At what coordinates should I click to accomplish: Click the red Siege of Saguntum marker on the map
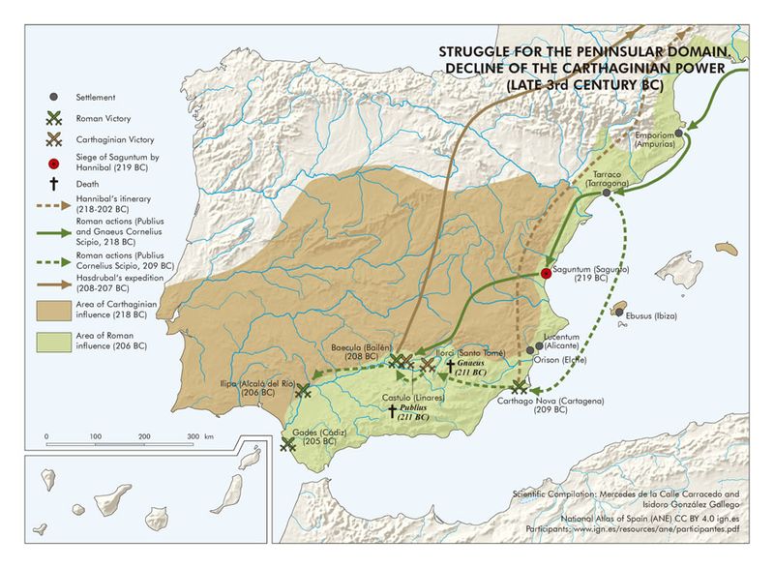tap(546, 274)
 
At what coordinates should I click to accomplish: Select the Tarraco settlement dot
tap(607, 193)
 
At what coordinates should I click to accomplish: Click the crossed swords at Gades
tap(287, 444)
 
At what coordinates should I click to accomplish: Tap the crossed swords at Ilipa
tap(303, 390)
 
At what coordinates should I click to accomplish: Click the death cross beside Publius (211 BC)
tap(392, 411)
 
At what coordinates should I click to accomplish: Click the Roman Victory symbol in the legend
tap(54, 118)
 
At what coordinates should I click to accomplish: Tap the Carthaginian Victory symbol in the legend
tap(54, 141)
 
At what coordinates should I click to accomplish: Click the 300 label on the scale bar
tap(192, 437)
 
